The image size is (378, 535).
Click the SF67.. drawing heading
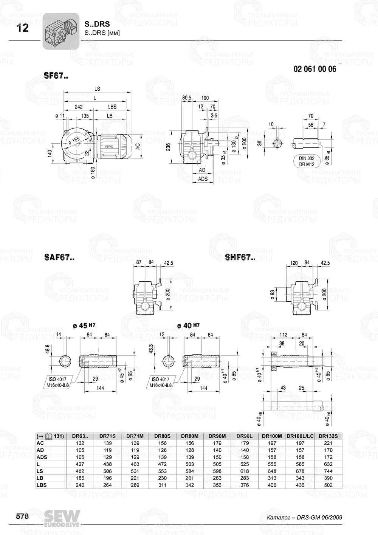point(56,76)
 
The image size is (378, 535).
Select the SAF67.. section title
point(59,257)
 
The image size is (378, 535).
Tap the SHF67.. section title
point(240,257)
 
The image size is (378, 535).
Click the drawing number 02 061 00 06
point(314,69)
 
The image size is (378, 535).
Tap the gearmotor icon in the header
point(60,31)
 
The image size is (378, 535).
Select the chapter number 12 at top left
point(23,28)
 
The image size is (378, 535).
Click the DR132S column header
point(328,436)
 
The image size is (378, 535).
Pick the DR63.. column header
point(80,436)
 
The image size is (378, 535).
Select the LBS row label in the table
point(42,485)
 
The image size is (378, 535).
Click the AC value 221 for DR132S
point(328,443)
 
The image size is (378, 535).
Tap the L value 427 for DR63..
point(80,464)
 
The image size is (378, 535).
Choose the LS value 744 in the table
point(328,471)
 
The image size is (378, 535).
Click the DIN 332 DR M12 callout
point(307,161)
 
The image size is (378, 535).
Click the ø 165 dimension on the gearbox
point(74,140)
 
